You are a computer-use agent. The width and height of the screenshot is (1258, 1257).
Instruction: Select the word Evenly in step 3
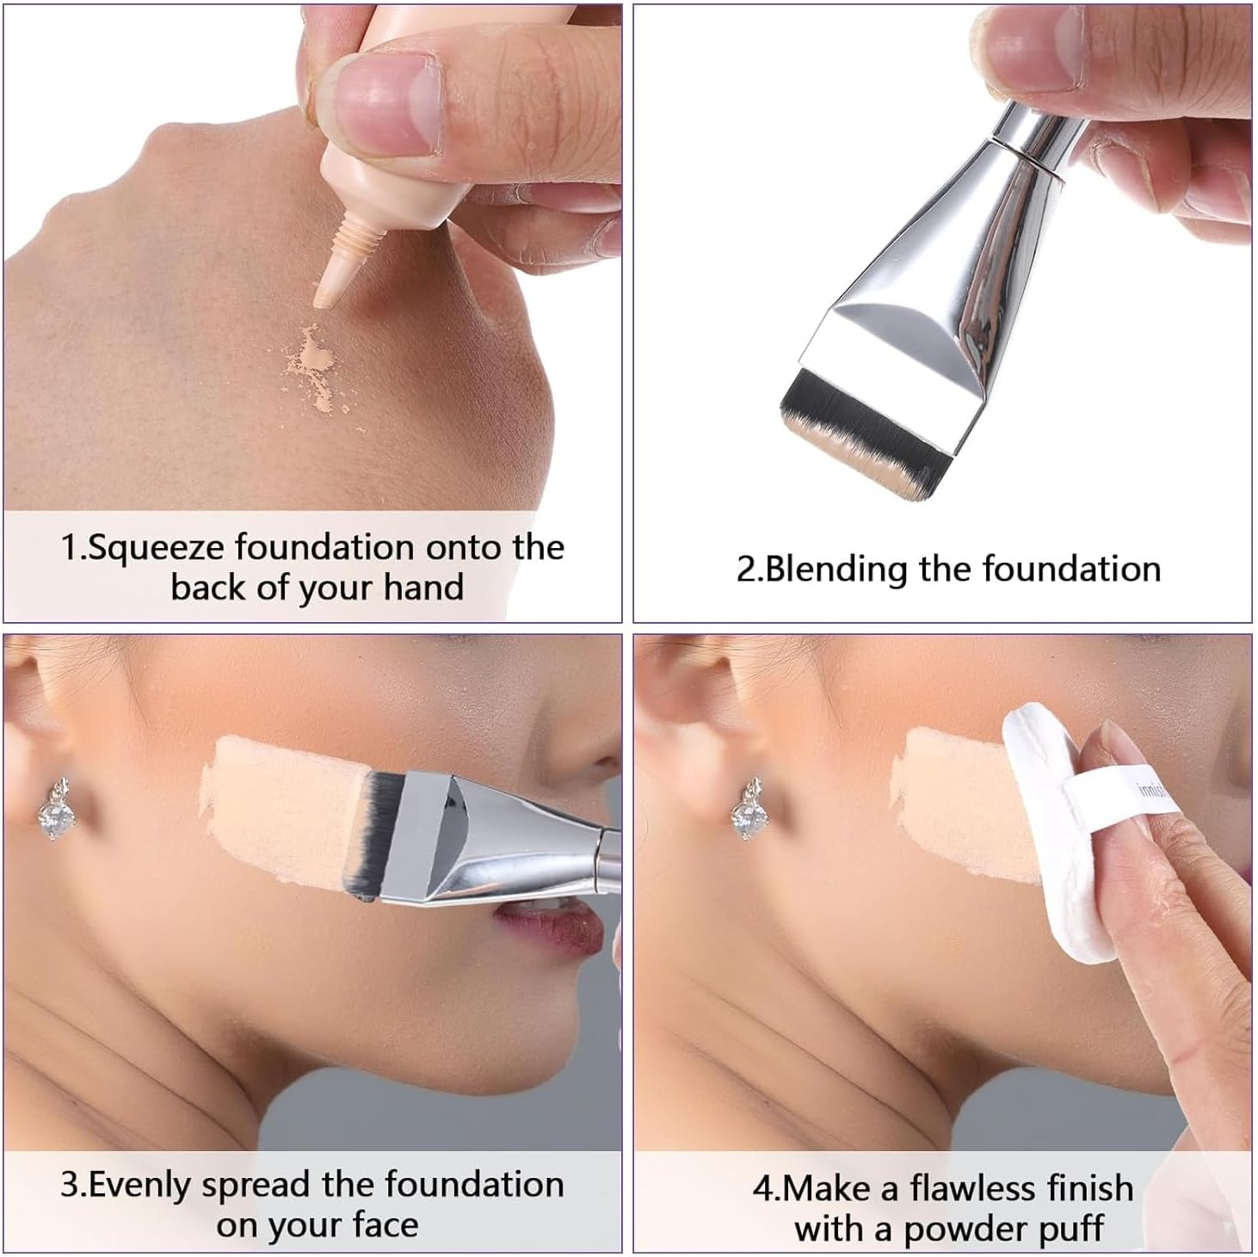tap(142, 1185)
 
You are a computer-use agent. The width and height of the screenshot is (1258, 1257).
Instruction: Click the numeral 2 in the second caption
tap(745, 570)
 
